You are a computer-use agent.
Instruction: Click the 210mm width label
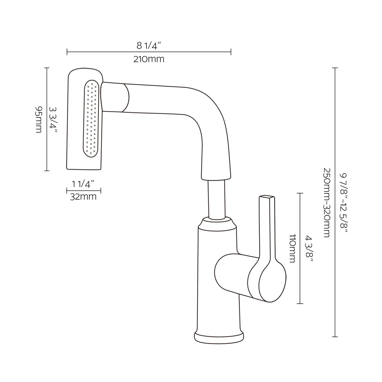[149, 59]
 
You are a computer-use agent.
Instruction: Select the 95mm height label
[39, 119]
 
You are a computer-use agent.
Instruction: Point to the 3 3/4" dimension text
[53, 119]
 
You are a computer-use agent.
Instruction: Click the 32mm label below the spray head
[83, 197]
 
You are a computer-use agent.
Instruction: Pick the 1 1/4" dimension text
[83, 184]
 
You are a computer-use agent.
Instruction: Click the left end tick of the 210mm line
[67, 52]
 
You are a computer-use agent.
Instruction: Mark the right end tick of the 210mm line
[231, 52]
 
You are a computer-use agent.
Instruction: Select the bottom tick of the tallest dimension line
[335, 337]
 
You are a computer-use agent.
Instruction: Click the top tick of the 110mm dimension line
[300, 193]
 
